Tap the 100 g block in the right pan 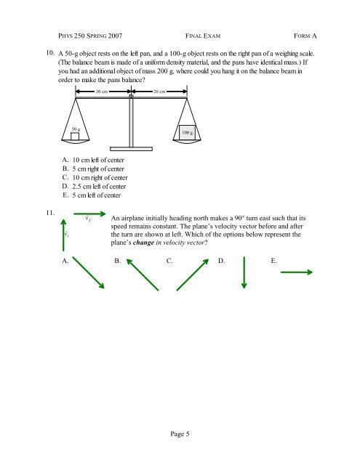pos(187,132)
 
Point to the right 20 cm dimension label pos(159,92)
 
